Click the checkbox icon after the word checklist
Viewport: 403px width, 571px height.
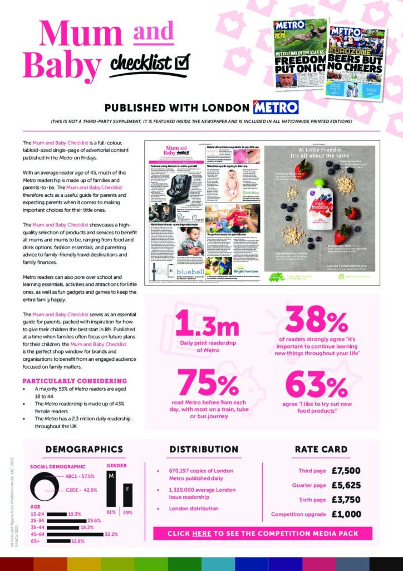(x=182, y=61)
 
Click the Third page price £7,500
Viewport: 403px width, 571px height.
(x=346, y=470)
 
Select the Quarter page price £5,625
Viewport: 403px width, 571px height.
(x=346, y=485)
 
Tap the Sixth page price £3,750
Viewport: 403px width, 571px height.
(x=346, y=499)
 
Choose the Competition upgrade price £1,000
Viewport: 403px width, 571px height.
(x=346, y=514)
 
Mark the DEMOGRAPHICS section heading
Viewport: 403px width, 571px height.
(x=84, y=449)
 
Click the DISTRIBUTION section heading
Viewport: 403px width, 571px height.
(x=204, y=449)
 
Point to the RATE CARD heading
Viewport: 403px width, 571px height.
(x=321, y=449)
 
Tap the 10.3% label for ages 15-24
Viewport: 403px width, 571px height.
(x=74, y=514)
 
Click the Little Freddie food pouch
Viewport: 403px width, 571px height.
(x=319, y=207)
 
